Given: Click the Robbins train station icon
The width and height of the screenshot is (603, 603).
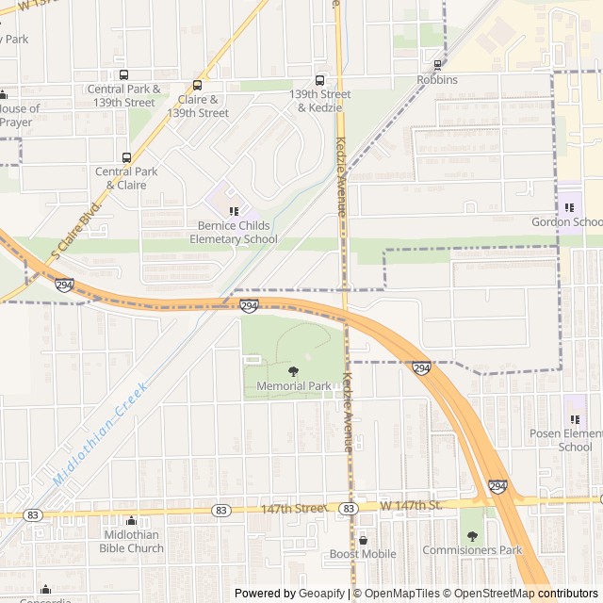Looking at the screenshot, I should pos(437,65).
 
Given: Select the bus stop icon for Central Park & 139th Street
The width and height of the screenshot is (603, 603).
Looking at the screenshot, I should pos(123,74).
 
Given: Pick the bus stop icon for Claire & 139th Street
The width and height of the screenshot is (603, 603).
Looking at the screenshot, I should pos(198,85).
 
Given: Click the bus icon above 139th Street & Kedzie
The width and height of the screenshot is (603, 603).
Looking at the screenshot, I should pos(319,80).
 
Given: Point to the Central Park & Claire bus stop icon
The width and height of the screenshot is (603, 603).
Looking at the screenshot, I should pos(126,157).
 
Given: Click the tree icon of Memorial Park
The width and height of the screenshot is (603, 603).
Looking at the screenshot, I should pos(293,371).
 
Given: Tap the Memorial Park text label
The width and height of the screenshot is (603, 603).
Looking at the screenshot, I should pos(293,386).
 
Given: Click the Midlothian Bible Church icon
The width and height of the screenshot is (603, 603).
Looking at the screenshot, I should pos(132,521).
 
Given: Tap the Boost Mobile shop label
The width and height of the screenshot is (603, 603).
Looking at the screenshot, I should pos(363,554).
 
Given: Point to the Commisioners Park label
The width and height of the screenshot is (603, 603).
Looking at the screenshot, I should pos(471,550).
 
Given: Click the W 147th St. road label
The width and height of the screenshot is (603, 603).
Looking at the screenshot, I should pos(412,507).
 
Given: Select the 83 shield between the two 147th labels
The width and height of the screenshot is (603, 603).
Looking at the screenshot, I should pos(349,509).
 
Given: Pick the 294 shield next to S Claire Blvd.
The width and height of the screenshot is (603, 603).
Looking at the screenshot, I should pos(64,285).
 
